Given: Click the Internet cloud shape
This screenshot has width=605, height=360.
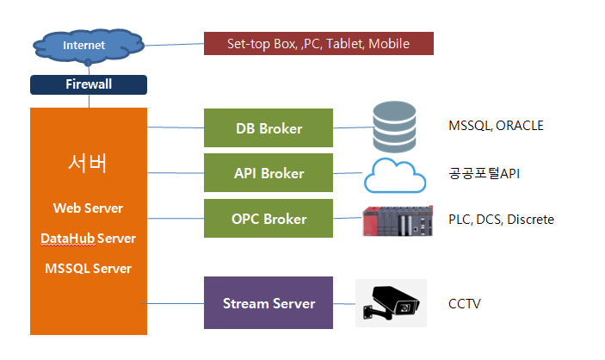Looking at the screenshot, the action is pos(89,46).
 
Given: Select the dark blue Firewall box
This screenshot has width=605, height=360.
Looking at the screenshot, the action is pos(89,84).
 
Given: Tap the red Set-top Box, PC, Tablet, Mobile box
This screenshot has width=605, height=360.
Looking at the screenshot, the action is pos(318,44).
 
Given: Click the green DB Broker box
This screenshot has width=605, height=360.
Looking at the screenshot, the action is pos(269,127).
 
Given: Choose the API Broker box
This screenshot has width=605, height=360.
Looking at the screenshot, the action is pos(269,172).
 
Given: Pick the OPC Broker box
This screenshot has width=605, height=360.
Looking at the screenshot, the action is pos(269,218).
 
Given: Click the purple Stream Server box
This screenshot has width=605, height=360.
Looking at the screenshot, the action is pos(269,303).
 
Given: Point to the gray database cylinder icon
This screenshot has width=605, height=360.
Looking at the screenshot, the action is pos(394,127).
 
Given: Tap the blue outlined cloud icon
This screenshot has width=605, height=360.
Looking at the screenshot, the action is pos(395,176).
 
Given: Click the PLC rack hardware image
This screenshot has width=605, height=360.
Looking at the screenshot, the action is pos(398,221).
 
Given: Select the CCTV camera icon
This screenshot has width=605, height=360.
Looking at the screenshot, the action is pos(392,303).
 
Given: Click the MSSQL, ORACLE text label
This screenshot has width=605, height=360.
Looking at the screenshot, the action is pos(497,126).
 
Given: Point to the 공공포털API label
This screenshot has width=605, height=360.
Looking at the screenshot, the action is pos(485,173).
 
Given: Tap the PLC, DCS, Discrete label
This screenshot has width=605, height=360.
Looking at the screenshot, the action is pos(501,220).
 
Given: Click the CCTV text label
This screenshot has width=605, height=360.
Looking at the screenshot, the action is pos(465,304).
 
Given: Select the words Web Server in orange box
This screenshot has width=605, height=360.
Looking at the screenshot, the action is pos(88,208).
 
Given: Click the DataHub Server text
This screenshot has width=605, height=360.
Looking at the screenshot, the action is pos(88,239).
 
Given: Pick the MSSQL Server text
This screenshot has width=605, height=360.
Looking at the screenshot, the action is pos(88,269).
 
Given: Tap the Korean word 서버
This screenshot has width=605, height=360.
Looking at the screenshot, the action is pos(88,163).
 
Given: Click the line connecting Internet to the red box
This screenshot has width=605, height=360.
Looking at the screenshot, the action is pos(174,45).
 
